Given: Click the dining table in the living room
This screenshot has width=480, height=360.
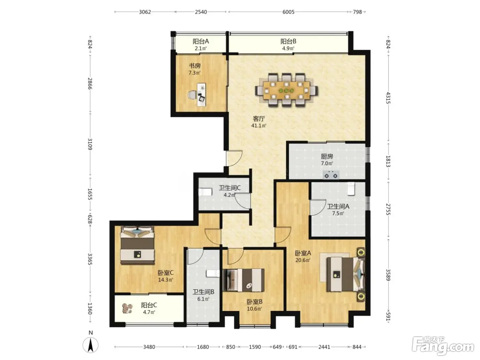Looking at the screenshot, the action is [x=286, y=90].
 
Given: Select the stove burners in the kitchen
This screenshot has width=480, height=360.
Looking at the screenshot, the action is [x=331, y=175].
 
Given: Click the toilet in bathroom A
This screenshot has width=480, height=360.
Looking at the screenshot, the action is [x=351, y=188].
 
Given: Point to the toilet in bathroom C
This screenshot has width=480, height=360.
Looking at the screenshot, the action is [x=205, y=192].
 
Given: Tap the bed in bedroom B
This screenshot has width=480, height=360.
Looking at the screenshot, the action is [x=244, y=280].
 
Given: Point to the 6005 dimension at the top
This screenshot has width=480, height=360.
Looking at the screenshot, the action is [x=288, y=12].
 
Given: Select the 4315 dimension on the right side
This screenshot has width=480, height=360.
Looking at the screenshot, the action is [x=388, y=98].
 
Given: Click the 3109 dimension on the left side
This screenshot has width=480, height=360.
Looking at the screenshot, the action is [x=90, y=144].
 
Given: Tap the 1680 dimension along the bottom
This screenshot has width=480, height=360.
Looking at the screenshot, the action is [x=203, y=347].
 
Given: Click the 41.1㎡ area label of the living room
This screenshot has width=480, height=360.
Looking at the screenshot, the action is [x=259, y=125].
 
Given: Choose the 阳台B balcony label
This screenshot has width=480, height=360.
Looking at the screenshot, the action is [x=288, y=41].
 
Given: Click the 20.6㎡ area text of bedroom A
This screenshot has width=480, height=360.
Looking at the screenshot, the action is [x=303, y=260].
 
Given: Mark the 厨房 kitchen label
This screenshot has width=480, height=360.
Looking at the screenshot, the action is [x=327, y=156].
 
